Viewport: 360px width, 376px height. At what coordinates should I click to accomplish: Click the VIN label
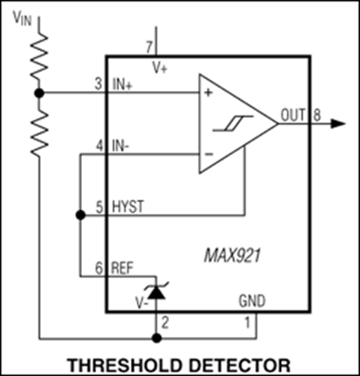(x=23, y=18)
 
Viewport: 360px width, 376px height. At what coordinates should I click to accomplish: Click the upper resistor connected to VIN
(x=39, y=55)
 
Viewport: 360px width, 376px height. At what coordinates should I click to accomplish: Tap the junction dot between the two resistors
(x=39, y=93)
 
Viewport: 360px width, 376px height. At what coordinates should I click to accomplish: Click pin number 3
(x=98, y=84)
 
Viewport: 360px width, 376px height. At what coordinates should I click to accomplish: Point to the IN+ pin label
(x=123, y=84)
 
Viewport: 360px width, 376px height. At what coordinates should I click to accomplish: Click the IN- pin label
(x=120, y=146)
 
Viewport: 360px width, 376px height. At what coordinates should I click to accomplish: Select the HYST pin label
(x=128, y=207)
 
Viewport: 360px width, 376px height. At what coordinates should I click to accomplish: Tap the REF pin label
(x=123, y=268)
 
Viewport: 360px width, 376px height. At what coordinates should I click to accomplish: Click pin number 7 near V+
(x=149, y=47)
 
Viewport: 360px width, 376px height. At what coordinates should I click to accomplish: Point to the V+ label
(x=160, y=67)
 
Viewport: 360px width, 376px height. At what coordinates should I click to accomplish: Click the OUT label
(x=293, y=115)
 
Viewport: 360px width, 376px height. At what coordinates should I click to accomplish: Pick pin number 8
(x=317, y=115)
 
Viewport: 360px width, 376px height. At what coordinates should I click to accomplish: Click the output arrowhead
(x=338, y=123)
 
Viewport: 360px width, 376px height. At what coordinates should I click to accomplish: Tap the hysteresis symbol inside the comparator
(x=233, y=123)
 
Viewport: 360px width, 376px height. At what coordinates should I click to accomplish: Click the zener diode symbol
(x=157, y=291)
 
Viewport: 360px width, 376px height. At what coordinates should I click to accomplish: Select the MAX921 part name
(x=232, y=256)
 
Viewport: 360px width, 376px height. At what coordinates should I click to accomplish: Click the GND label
(x=252, y=301)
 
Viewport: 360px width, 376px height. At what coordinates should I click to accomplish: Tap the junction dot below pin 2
(x=157, y=338)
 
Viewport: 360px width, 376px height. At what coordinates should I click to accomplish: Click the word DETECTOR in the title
(x=240, y=365)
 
